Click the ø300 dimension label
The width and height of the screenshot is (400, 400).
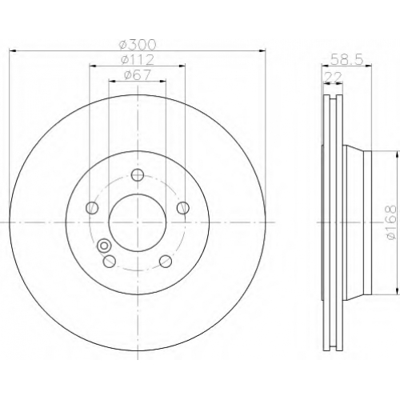[138, 44]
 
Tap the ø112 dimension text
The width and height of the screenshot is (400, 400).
[138, 59]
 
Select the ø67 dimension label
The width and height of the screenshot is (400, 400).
[138, 74]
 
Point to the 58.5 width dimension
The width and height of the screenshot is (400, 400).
[346, 59]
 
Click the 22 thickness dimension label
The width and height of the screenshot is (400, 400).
[333, 78]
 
